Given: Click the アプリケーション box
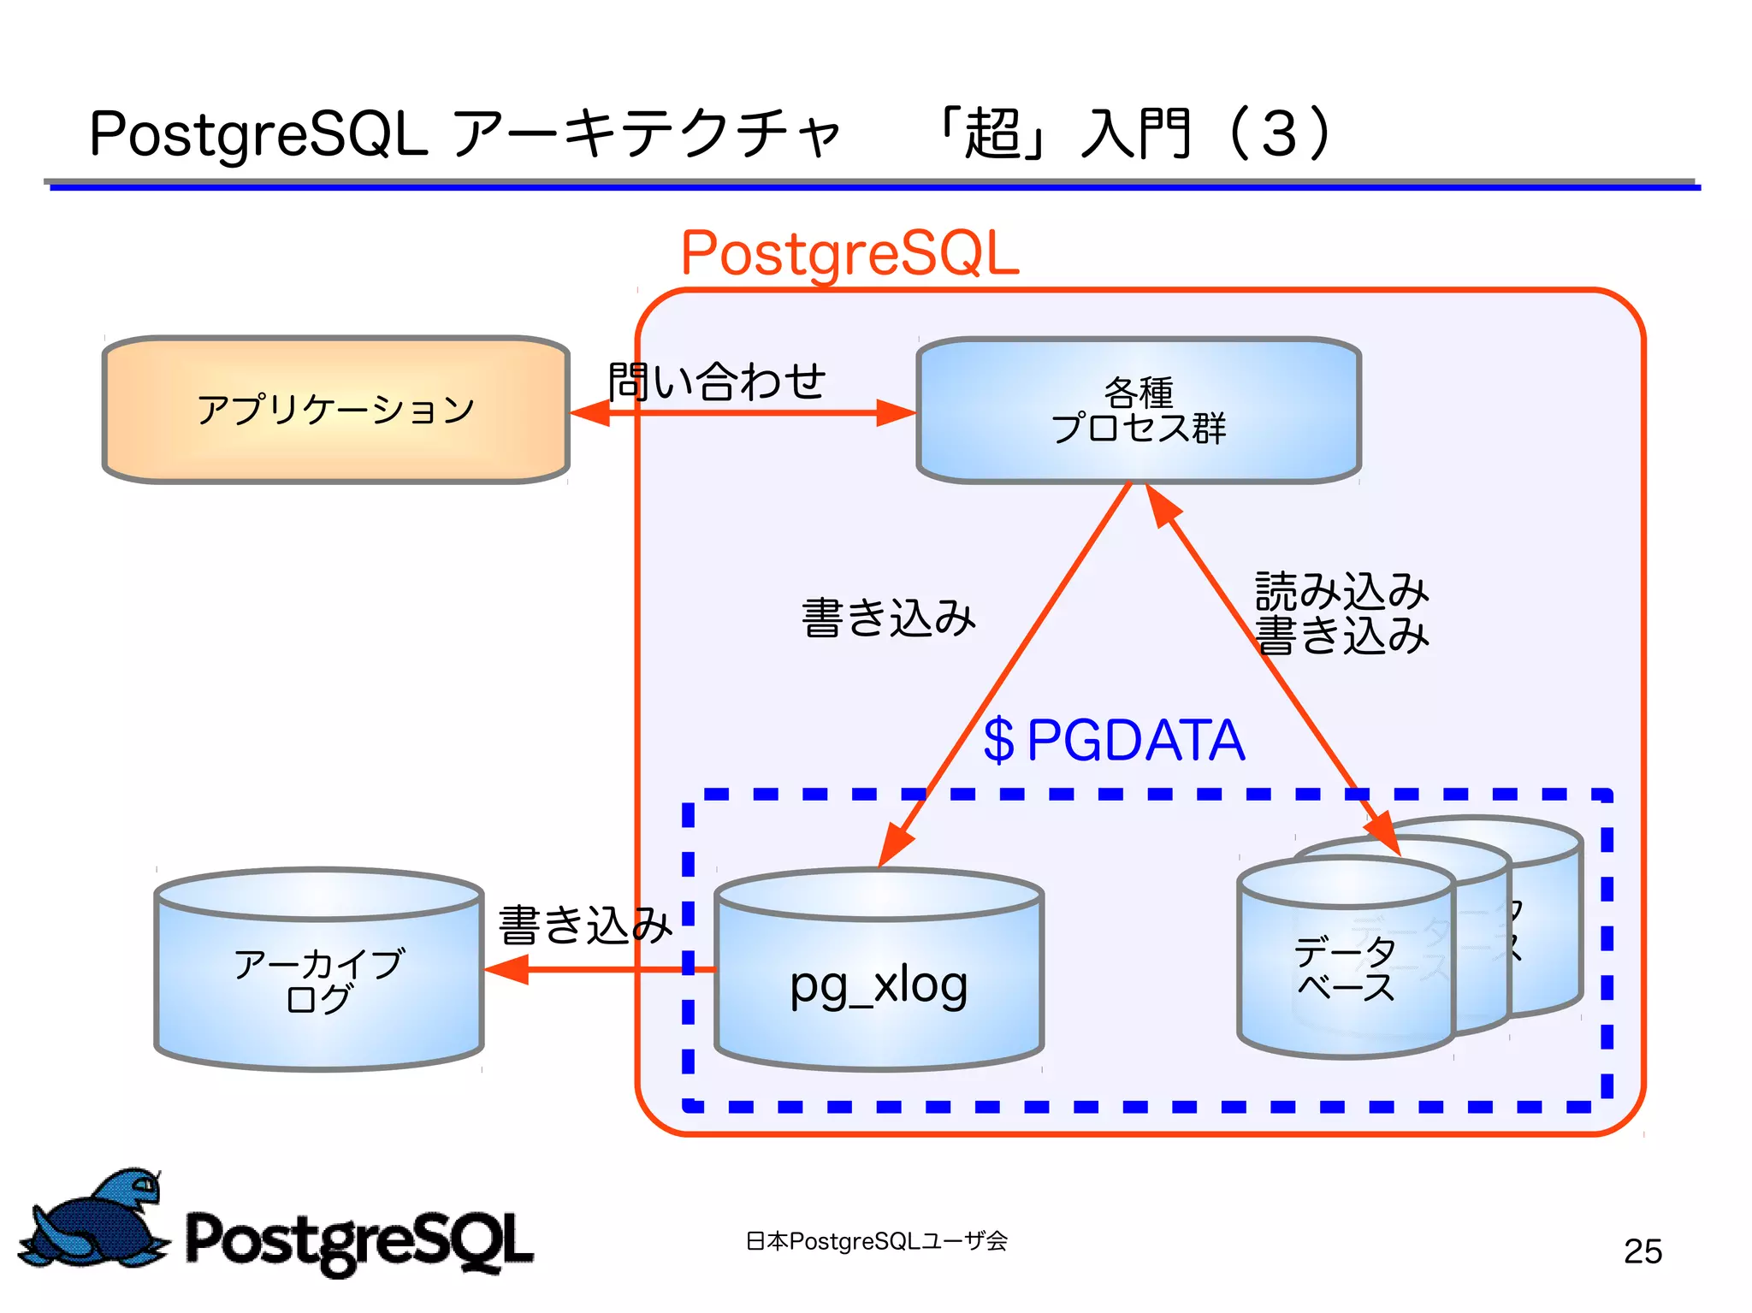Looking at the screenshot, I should [x=335, y=410].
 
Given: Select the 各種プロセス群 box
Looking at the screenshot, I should [x=1138, y=411].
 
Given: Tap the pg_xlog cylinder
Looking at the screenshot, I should [x=879, y=984].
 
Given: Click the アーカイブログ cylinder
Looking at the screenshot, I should [x=318, y=979].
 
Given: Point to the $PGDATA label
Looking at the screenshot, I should [x=1114, y=740].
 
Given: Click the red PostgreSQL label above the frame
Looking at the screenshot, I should [x=849, y=253].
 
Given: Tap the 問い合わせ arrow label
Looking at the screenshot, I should [x=717, y=381].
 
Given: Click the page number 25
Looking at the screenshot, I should [x=1642, y=1251].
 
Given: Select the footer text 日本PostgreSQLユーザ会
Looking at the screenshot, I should [x=877, y=1241].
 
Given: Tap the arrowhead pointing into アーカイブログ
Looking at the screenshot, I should [x=506, y=969].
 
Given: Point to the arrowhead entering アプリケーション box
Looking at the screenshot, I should [x=590, y=413].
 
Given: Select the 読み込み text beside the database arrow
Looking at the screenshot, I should [x=1341, y=591].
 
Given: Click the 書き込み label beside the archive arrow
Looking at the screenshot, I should [x=585, y=926].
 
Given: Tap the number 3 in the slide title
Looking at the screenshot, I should [x=1279, y=134].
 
